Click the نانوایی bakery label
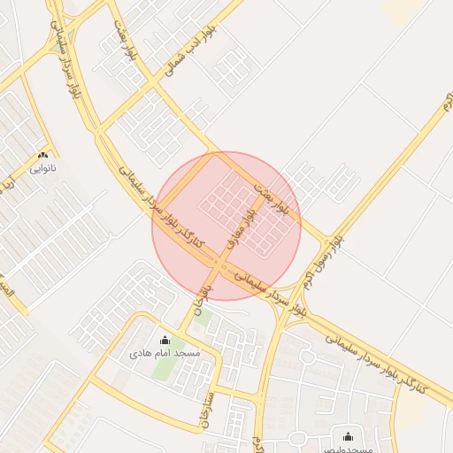(42, 165)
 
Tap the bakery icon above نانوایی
(42, 154)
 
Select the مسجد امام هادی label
(165, 353)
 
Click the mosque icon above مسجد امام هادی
(164, 341)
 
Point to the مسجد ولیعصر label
(347, 448)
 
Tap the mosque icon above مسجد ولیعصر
(347, 435)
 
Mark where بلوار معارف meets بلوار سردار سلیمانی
(219, 264)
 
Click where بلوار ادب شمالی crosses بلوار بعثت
(157, 84)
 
